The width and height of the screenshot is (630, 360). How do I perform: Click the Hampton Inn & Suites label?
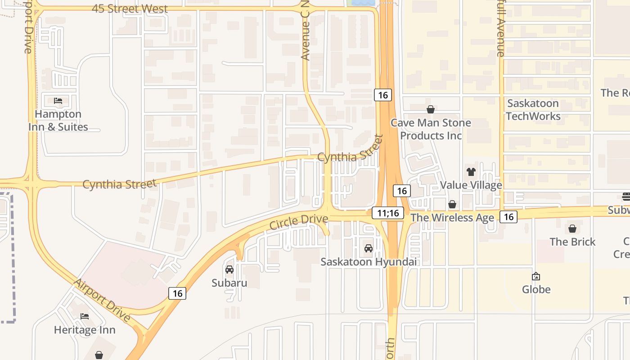tap(58, 121)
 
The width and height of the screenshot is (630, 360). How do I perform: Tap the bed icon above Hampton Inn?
tap(58, 100)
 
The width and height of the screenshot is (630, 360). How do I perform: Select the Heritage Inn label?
tap(85, 330)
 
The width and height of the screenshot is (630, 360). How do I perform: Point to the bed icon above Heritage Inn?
tap(85, 316)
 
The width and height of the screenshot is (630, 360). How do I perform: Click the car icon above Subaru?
tap(229, 270)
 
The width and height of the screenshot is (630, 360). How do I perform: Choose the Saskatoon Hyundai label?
tap(369, 262)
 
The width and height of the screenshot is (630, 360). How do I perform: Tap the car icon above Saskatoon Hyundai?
tap(369, 248)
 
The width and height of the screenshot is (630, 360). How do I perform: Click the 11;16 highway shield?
tap(388, 213)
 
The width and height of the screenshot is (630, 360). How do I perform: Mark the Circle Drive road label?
tap(299, 222)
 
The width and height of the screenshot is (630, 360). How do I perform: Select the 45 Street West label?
tap(130, 9)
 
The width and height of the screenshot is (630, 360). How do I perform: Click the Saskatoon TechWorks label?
tap(533, 110)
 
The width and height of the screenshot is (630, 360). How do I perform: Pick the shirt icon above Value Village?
tap(471, 171)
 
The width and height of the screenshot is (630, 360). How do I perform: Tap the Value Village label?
tap(471, 185)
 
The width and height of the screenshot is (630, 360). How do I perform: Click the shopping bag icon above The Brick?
tap(572, 229)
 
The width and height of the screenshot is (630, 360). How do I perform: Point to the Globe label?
tap(536, 289)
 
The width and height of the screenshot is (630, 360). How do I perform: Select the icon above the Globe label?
tap(536, 276)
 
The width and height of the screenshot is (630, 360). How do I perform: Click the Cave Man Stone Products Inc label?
tap(431, 129)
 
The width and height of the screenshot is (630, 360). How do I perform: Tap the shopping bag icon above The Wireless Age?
tap(452, 204)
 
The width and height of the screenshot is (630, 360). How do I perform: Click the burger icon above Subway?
tap(625, 196)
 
